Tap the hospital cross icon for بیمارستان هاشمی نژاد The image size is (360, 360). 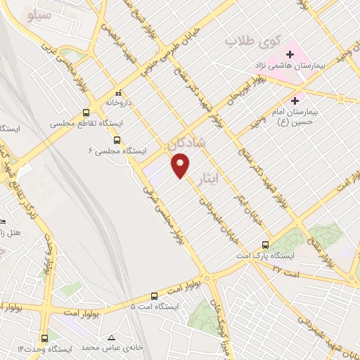pos(289,54)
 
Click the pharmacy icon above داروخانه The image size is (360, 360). pos(118,92)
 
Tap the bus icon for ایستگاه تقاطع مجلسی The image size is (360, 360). pos(86,112)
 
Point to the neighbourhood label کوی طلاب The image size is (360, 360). pos(248,41)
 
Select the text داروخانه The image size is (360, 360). pos(110,101)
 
